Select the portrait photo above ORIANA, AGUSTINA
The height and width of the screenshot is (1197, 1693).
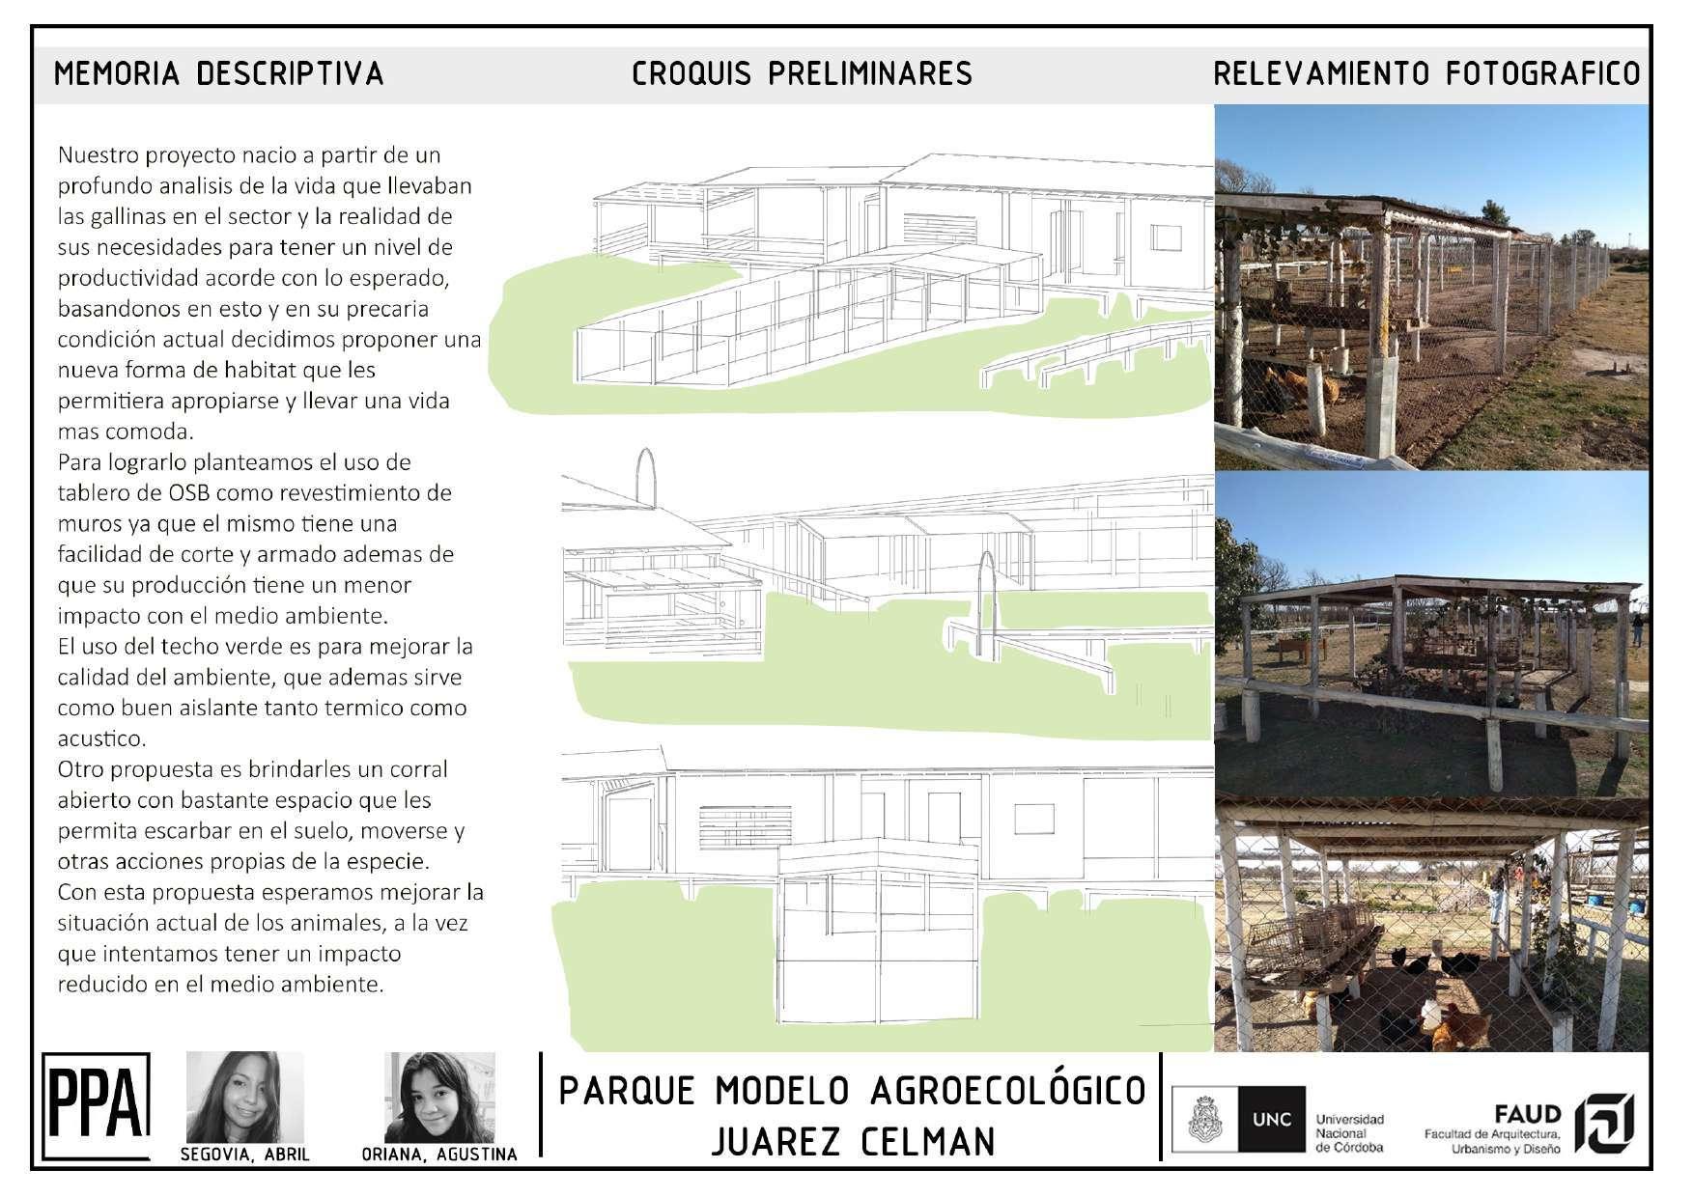point(439,1098)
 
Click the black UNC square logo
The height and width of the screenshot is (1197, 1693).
point(1271,1120)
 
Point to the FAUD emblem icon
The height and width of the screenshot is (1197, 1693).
point(1603,1124)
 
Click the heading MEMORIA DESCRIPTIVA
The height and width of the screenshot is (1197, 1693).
point(218,73)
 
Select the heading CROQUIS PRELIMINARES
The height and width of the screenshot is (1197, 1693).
point(802,73)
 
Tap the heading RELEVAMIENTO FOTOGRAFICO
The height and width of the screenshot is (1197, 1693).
point(1426,73)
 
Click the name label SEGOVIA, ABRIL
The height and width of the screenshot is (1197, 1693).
point(244,1155)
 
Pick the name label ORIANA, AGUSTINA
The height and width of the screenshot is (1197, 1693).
point(439,1155)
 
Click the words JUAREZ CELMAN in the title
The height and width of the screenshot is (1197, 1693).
point(853,1142)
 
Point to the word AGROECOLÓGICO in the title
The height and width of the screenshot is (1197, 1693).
point(1007,1091)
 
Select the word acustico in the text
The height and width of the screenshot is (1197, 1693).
point(100,738)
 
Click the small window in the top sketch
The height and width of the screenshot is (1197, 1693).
point(1167,238)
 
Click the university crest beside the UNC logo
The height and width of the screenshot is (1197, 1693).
point(1204,1120)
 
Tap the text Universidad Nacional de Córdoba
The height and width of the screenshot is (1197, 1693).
point(1349,1133)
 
